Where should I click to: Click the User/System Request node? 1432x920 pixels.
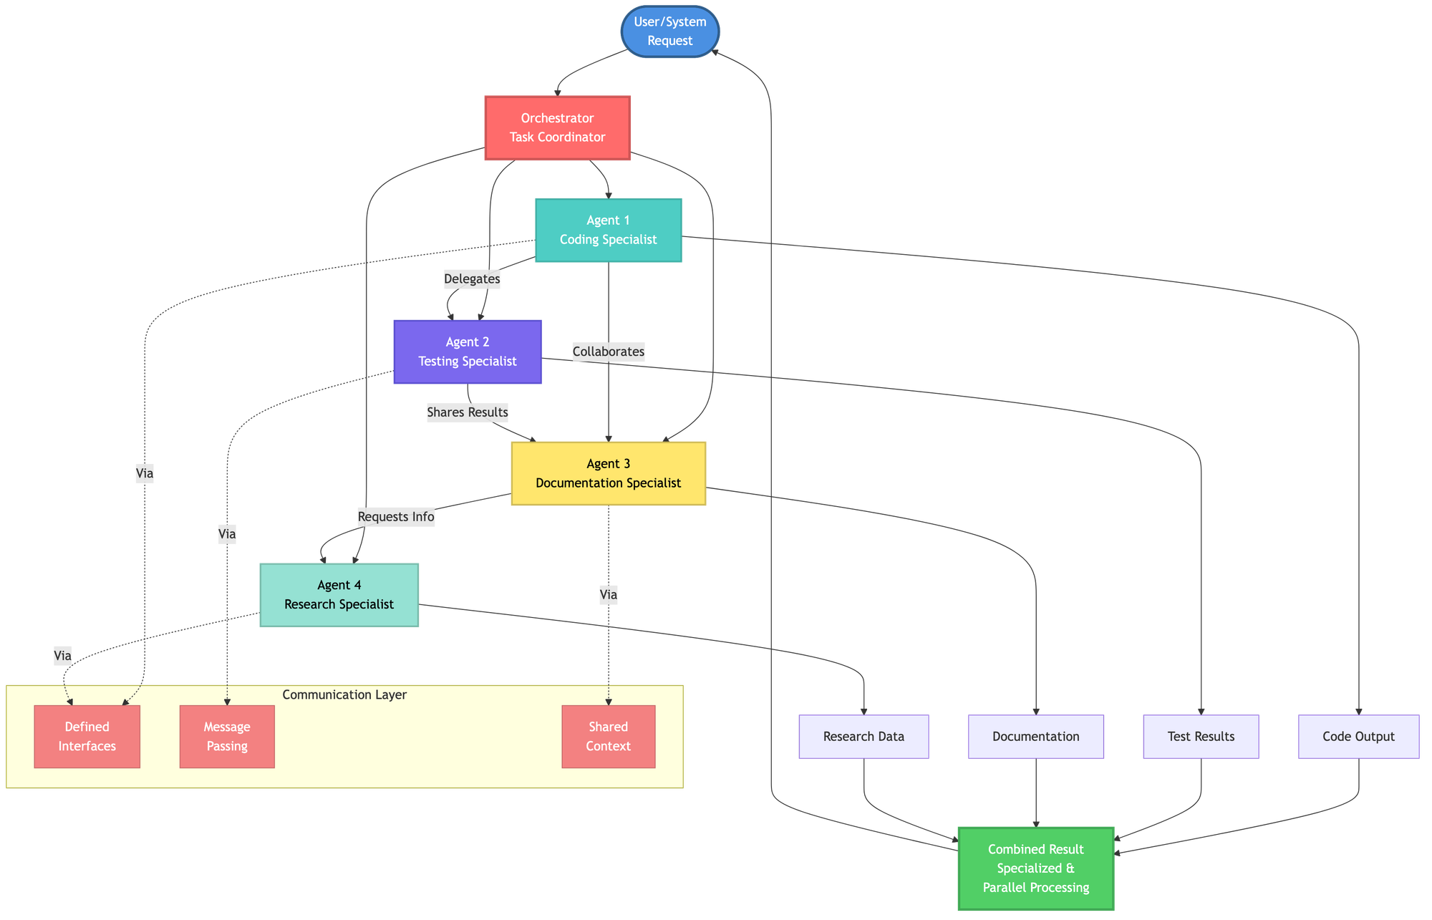point(669,32)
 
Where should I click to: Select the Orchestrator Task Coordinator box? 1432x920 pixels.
point(557,128)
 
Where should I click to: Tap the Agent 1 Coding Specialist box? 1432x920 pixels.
point(608,230)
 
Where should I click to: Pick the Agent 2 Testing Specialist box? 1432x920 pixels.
point(467,352)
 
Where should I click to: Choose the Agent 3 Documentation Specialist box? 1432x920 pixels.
point(608,473)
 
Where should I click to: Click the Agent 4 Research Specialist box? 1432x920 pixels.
point(339,595)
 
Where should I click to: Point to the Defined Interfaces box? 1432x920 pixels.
point(87,736)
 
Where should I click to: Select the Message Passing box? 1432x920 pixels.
point(227,736)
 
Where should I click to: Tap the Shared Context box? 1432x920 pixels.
point(608,736)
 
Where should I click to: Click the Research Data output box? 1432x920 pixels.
point(863,736)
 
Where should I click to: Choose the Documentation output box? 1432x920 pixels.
point(1035,736)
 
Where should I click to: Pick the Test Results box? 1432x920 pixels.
point(1201,736)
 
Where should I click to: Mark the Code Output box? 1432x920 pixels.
point(1358,736)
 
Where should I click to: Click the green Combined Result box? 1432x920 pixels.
point(1035,868)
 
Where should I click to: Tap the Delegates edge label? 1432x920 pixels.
point(472,279)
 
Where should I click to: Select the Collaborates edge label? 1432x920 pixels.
point(609,352)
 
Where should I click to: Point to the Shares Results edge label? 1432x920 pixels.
point(468,412)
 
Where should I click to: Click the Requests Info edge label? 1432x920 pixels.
point(396,517)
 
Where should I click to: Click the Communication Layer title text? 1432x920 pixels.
point(344,694)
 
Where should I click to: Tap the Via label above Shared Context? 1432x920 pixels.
point(609,594)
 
